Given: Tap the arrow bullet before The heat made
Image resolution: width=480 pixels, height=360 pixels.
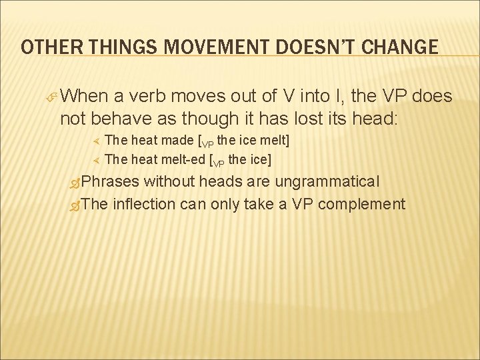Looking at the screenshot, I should [x=95, y=141].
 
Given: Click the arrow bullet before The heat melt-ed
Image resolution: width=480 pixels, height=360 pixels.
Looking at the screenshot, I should [x=95, y=159].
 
